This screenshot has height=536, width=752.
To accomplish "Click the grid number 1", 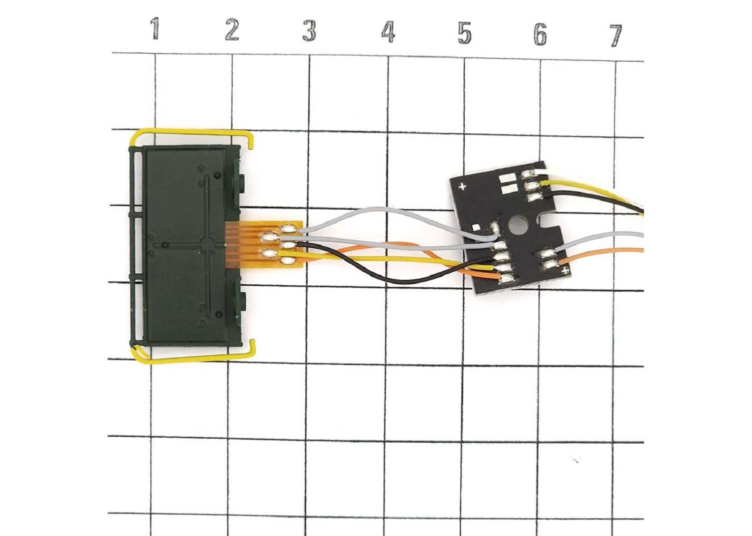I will point(155,29).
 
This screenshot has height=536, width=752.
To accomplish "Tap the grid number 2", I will point(232,30).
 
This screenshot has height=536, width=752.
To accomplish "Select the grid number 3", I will point(309,32).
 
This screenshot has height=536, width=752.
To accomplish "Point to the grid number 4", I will point(388,33).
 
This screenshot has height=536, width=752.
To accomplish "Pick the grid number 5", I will point(464,33).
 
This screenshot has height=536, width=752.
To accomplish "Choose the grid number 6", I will point(540,35).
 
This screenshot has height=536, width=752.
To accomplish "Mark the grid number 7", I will point(616,36).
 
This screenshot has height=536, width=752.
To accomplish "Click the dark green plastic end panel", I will point(185,246).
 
